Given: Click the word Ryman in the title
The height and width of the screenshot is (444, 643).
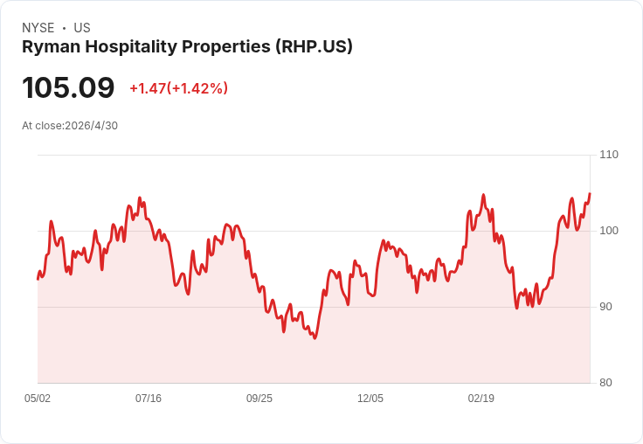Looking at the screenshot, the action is tap(52, 47).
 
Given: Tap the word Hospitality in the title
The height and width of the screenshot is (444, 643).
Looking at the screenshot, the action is tap(131, 47).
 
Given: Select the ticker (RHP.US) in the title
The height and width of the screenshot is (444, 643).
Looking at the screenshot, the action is tap(314, 46).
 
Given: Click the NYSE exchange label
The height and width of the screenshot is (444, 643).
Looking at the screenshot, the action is tap(38, 28).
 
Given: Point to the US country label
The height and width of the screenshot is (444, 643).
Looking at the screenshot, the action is tap(82, 28).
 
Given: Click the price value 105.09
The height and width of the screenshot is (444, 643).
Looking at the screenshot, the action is tap(68, 87).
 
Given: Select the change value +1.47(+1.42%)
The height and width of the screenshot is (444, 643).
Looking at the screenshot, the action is tap(179, 88).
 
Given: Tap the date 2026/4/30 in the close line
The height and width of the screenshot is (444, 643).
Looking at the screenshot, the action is tap(92, 125).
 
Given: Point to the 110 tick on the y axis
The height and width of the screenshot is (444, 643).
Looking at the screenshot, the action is tap(609, 155).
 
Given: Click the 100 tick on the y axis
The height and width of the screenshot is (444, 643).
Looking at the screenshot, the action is tap(609, 231).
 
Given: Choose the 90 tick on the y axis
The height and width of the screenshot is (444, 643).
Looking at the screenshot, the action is tap(605, 307).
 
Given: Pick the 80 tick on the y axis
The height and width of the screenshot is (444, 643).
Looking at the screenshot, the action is tap(605, 383).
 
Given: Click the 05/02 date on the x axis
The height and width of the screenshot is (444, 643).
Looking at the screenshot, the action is tap(38, 398).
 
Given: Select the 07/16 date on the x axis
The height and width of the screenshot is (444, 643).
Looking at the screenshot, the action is tap(149, 398).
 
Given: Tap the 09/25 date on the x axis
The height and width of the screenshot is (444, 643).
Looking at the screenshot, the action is tap(259, 398).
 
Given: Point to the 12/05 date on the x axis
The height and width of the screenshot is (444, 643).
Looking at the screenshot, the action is tap(370, 398).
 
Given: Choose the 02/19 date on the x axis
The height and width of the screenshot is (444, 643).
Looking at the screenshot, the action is tap(481, 398).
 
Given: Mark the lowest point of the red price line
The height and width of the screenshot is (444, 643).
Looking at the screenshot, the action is tap(315, 338).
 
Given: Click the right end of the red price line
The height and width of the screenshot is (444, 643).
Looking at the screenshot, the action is tap(590, 193).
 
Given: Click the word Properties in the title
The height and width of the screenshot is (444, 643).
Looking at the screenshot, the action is tap(226, 47).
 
